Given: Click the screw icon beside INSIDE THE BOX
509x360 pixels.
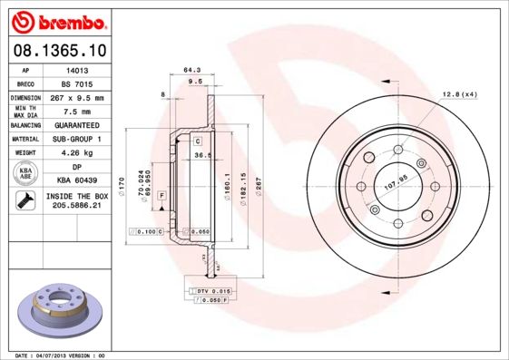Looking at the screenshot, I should pos(25,200).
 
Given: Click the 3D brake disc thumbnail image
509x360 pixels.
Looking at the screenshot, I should pos(62,310).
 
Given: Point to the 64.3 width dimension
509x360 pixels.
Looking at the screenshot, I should pos(191,69).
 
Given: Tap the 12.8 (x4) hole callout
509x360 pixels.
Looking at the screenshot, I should pos(460,95).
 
